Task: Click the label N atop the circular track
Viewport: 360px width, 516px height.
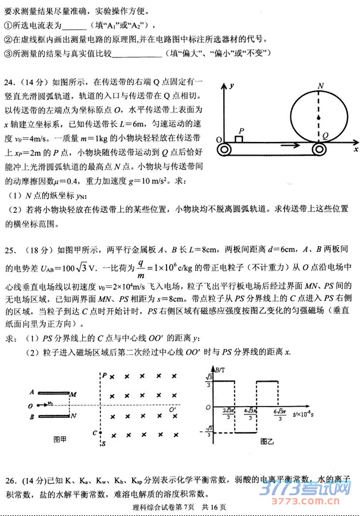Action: click(x=321, y=86)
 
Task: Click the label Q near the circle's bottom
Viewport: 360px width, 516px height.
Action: click(x=326, y=136)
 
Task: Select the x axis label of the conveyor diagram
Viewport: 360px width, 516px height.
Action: click(x=355, y=141)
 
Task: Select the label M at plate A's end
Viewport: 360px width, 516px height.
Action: click(x=73, y=394)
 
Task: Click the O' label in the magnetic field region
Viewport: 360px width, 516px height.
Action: click(x=172, y=408)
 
